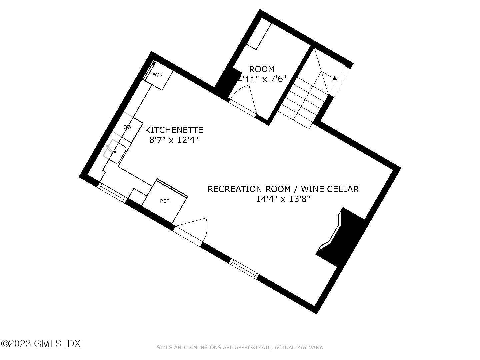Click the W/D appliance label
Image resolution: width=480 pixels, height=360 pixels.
pos(158,74)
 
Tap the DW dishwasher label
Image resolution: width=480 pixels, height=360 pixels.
pos(127,127)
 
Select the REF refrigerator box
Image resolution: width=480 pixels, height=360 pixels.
pos(164,201)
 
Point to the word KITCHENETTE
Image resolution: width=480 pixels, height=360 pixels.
pos(174,129)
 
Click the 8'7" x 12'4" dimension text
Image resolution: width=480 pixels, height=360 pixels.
pos(174,140)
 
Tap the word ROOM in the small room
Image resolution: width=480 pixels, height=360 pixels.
pos(262,69)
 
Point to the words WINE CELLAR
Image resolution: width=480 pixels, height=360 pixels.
pos(330,189)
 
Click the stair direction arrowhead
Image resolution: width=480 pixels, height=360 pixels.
pos(334,78)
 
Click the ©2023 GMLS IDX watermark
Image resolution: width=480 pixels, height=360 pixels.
pos(41,343)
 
